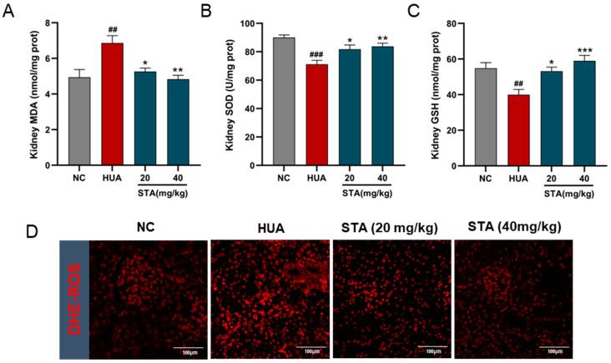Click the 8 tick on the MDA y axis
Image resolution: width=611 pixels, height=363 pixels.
pyautogui.click(x=59, y=23)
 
